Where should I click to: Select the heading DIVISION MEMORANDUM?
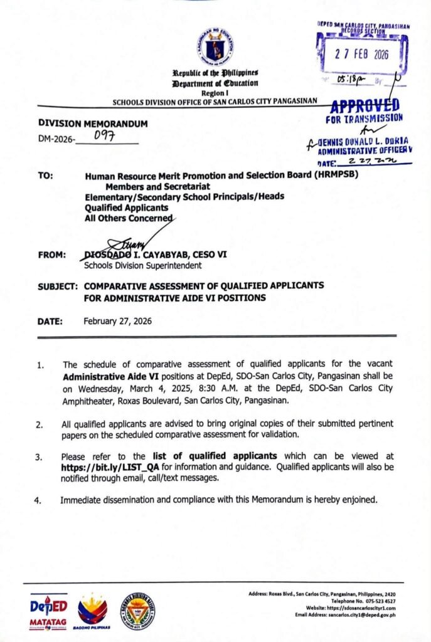(x=93, y=124)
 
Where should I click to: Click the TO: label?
(x=45, y=177)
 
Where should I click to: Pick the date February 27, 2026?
(x=117, y=320)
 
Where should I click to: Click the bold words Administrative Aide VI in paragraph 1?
(x=110, y=376)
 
